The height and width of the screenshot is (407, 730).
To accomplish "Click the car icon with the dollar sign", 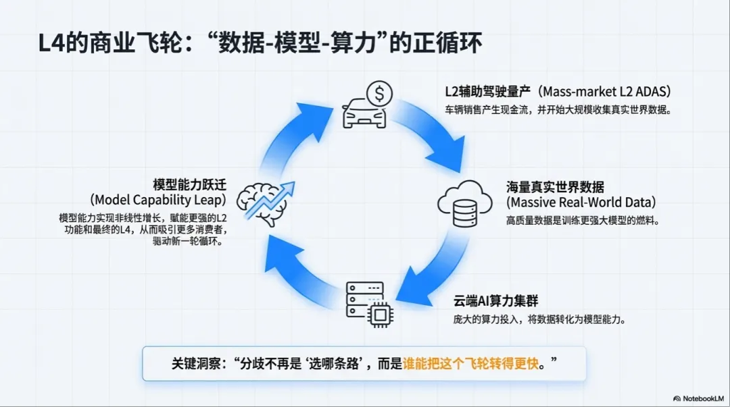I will (365, 112).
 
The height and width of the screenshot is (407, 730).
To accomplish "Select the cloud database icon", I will (466, 201).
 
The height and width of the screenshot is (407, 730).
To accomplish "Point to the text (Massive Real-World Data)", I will (581, 202).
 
